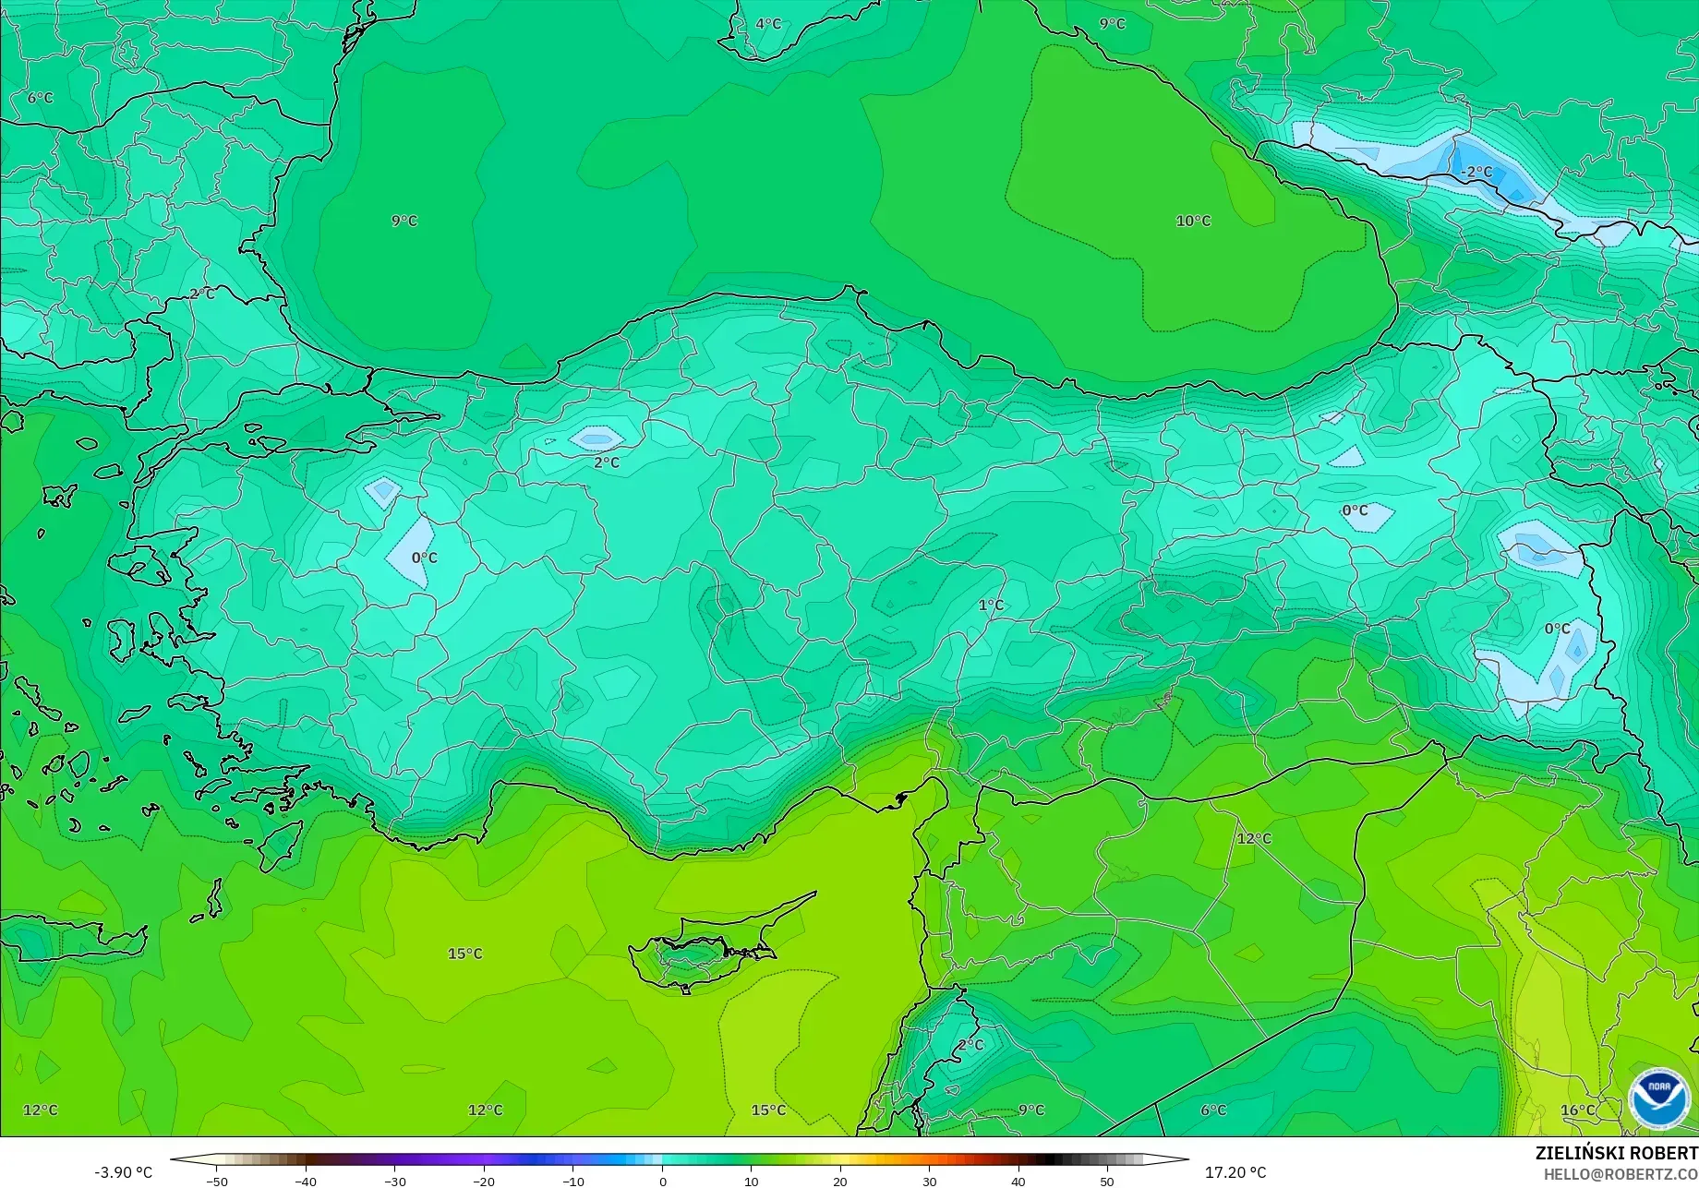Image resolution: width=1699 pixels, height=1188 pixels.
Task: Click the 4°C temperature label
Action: (x=768, y=24)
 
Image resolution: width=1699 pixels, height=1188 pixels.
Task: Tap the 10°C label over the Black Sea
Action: (x=1193, y=221)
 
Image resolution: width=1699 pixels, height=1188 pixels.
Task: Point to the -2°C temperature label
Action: (x=1476, y=172)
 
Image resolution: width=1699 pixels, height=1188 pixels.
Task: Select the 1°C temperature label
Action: (x=991, y=606)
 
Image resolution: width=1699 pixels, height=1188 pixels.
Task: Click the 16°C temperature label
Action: (x=1577, y=1110)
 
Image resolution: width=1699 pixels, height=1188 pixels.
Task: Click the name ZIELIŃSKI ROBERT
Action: (x=1616, y=1153)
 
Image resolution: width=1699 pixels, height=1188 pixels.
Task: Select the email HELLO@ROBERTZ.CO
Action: (x=1621, y=1173)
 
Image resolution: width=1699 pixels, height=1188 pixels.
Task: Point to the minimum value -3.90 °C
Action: (x=123, y=1172)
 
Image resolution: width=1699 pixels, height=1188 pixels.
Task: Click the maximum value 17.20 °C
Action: (x=1235, y=1172)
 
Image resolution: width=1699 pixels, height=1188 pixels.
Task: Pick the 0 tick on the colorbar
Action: (x=662, y=1182)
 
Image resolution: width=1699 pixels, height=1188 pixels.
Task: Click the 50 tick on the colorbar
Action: (x=1107, y=1182)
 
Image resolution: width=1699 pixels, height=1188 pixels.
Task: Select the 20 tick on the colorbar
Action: (x=840, y=1182)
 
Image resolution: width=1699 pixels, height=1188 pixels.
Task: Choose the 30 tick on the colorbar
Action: (x=929, y=1182)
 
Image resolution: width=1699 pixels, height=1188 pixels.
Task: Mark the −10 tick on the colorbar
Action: (x=572, y=1182)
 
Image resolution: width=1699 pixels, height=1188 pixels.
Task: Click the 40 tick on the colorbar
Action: (x=1018, y=1182)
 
